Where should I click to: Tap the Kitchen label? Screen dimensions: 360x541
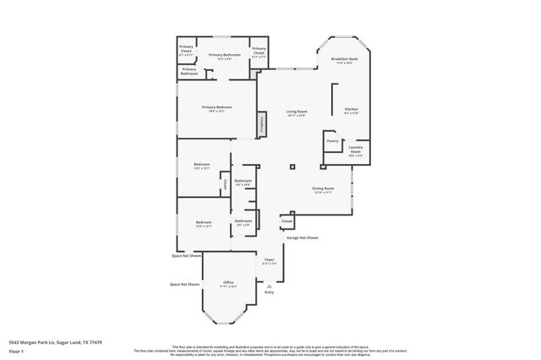351,111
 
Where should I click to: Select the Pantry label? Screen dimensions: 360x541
332,141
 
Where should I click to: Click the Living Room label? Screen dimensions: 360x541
296,113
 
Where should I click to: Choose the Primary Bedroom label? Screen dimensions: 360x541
216,108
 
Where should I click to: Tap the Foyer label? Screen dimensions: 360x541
269,260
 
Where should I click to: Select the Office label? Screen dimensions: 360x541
227,283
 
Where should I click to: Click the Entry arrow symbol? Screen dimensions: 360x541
269,287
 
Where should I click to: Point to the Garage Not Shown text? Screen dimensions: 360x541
302,237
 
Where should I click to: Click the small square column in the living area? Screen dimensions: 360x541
292,166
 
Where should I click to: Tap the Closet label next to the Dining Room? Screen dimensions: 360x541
287,221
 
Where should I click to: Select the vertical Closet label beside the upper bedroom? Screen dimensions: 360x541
224,184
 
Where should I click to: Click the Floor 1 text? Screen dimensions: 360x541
16,351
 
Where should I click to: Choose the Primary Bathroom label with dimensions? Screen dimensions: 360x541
224,57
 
